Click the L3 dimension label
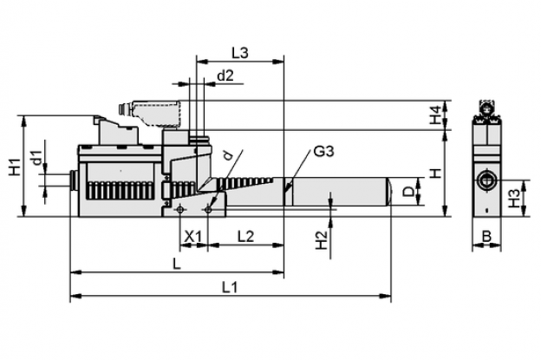240,54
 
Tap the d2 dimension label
225,75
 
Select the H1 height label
15,166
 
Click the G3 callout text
323,152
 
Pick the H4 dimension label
435,115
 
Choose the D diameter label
409,191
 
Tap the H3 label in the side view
514,198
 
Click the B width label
486,237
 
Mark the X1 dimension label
192,237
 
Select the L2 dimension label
246,237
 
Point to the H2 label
322,240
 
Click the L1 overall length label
230,287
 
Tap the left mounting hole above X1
179,209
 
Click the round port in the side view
486,180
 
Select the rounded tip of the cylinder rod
388,192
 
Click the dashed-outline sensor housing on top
157,114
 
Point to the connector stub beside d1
75,180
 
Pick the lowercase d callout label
227,155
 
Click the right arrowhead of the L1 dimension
386,296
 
